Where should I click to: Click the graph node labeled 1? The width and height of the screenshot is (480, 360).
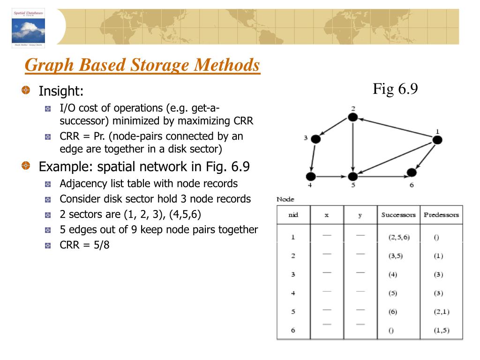point(437,140)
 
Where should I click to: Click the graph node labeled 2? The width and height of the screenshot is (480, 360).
point(353,117)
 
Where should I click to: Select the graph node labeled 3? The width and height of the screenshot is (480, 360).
point(315,139)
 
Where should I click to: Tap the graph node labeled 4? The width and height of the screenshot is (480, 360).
point(310,177)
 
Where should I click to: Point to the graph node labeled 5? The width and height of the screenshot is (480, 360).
point(352,177)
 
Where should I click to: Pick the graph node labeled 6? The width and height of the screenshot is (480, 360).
point(412,172)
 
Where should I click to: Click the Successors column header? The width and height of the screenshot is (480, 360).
point(398,215)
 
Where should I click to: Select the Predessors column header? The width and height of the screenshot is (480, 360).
point(441,215)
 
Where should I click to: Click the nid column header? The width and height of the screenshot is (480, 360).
point(293,215)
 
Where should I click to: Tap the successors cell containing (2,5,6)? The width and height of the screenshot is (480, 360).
point(399,237)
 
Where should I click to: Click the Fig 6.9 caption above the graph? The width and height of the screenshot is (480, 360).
point(395,89)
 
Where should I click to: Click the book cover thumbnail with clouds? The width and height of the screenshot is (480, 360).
point(28,28)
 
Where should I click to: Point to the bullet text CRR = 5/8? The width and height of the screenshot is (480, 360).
point(84,245)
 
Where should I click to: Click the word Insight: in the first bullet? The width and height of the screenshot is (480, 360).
point(61,90)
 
